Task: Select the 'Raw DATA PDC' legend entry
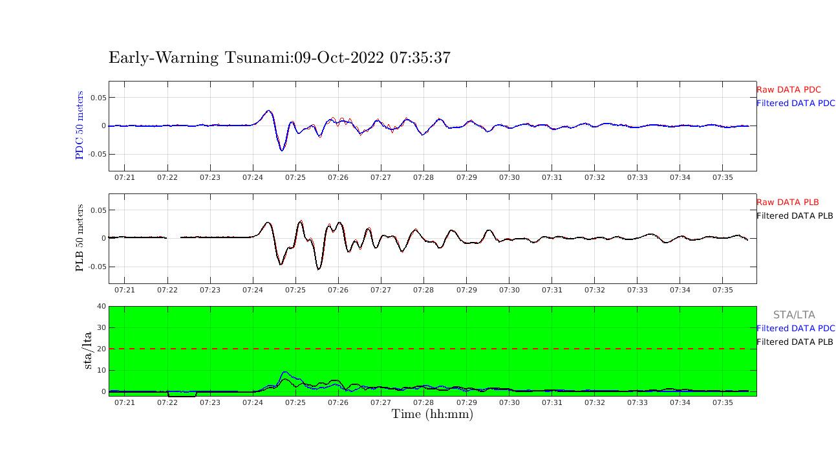(x=788, y=90)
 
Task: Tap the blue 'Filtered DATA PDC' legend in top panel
(x=795, y=104)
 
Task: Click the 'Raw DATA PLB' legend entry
(x=787, y=203)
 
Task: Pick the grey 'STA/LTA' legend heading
(x=794, y=315)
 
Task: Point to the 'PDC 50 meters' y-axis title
(x=80, y=125)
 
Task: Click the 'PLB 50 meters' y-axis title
(x=80, y=237)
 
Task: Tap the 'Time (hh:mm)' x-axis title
(x=432, y=415)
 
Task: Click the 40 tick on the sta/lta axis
(x=101, y=306)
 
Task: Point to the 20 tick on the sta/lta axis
(x=101, y=349)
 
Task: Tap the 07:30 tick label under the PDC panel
(x=509, y=177)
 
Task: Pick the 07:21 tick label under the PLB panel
(x=125, y=290)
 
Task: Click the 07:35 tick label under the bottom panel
(x=723, y=402)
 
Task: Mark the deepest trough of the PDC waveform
(x=282, y=150)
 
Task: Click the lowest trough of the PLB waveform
(x=318, y=268)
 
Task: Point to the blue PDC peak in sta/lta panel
(x=284, y=372)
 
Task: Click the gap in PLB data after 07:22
(x=174, y=237)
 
